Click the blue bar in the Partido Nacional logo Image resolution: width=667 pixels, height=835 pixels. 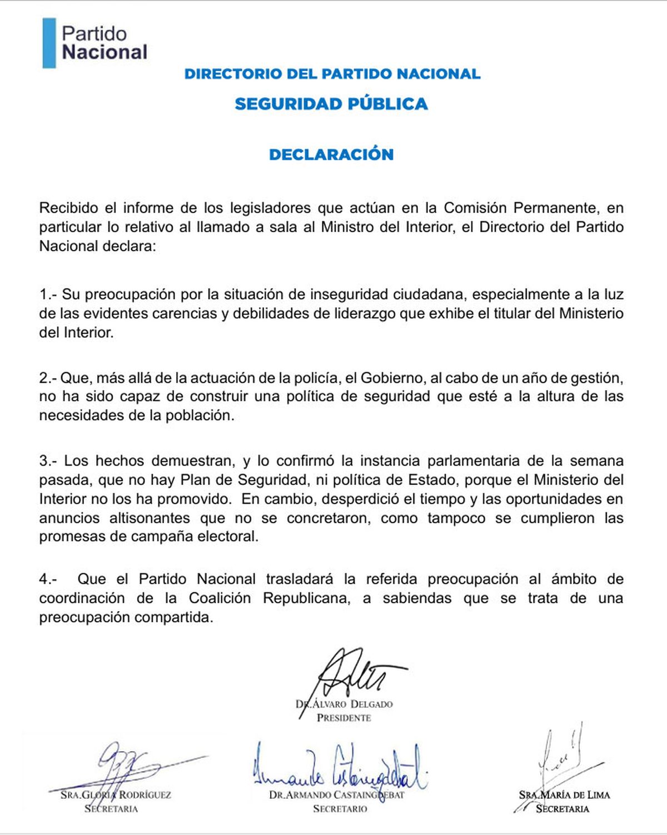[x=49, y=43]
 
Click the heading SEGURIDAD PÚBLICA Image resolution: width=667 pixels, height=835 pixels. [x=331, y=104]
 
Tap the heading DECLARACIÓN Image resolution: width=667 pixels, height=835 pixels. [x=331, y=154]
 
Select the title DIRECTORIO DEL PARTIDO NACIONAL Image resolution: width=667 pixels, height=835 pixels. [x=332, y=74]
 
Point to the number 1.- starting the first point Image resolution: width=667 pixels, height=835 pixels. [x=48, y=294]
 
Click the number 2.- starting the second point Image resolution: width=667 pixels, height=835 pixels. [x=48, y=378]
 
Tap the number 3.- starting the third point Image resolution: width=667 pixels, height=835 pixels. [x=48, y=461]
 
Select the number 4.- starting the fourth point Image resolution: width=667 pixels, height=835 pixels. [x=48, y=579]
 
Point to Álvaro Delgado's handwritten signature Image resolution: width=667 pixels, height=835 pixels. [x=356, y=673]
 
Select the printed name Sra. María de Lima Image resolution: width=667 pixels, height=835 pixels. [x=565, y=795]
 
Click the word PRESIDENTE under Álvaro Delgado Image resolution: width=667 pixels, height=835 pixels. [x=344, y=718]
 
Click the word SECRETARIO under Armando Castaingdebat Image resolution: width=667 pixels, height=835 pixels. [x=340, y=809]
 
